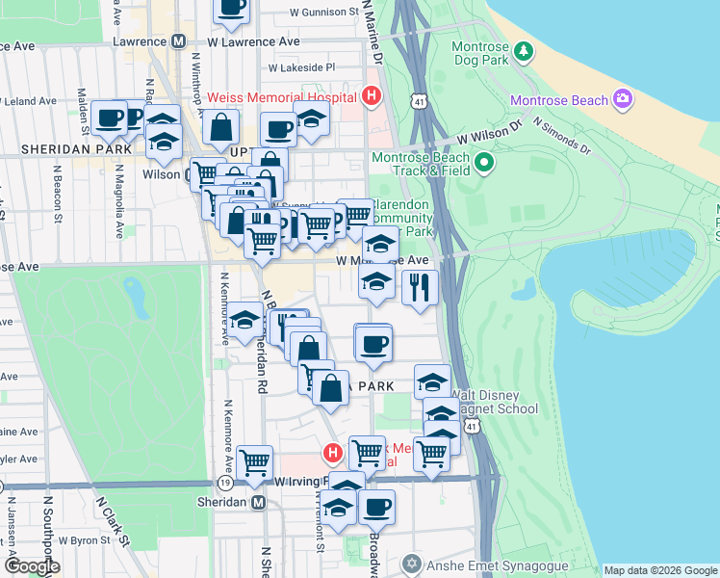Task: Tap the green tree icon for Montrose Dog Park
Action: pos(523,49)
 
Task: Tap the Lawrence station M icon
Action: pos(178,42)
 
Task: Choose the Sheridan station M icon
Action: pos(257,503)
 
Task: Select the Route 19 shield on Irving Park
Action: pos(224,482)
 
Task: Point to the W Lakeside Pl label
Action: pos(301,68)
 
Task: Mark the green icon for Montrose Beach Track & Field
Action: pos(484,162)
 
